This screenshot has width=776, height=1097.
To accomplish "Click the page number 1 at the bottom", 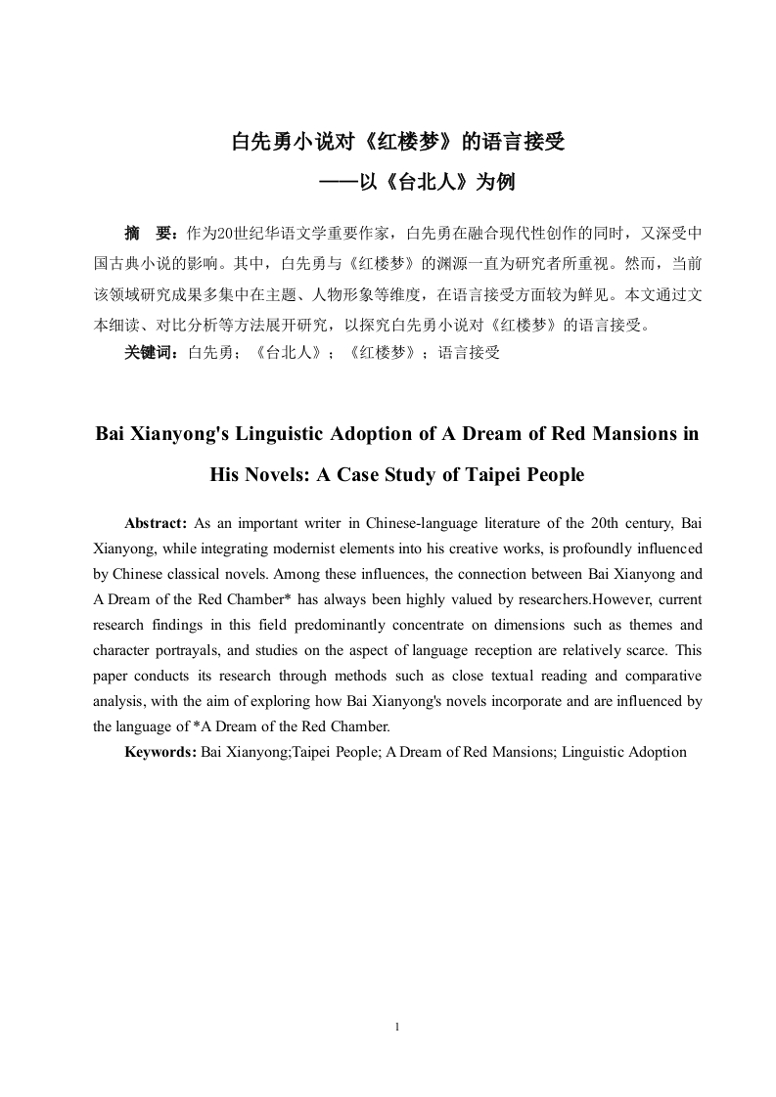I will [x=395, y=1027].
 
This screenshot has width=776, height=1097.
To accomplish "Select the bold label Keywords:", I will [x=160, y=752].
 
